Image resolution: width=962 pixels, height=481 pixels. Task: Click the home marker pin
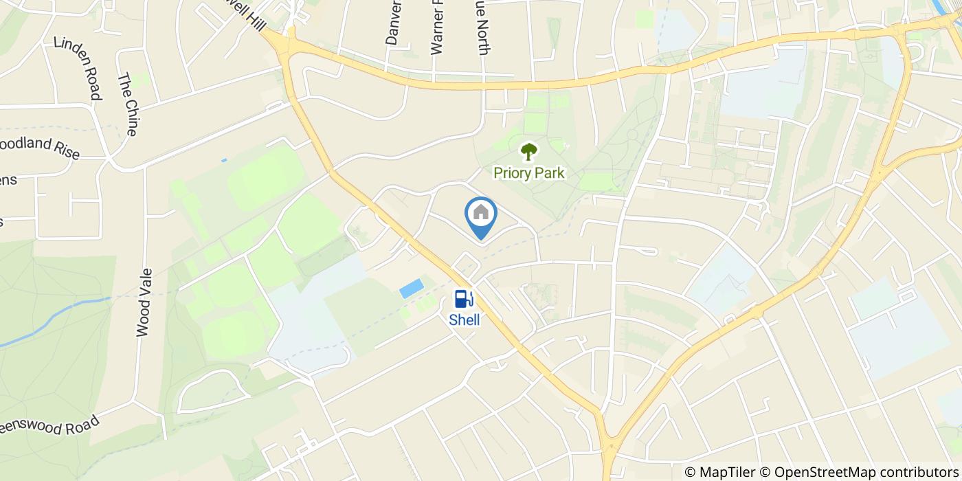coord(481,214)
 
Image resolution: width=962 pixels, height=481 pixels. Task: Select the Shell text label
coord(465,320)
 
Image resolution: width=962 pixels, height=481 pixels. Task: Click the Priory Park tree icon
coord(528,151)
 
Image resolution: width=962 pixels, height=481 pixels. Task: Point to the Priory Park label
coord(529,172)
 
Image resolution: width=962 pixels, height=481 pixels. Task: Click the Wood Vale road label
coord(144,302)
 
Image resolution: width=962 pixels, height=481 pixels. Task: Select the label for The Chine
coord(128,105)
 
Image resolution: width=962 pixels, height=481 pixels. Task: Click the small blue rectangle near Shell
coord(411,289)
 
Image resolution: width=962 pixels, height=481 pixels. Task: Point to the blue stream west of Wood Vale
coord(55,319)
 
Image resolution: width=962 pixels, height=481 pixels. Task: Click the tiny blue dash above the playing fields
coord(224,160)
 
